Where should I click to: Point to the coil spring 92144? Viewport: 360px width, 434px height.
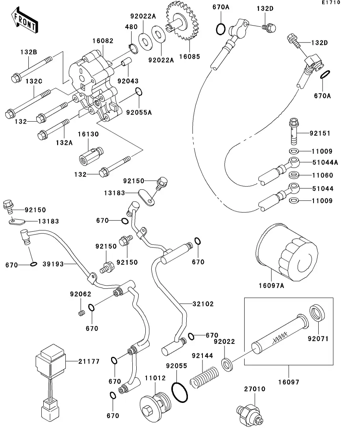(203, 378)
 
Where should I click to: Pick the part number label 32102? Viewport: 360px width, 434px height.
(203, 304)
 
